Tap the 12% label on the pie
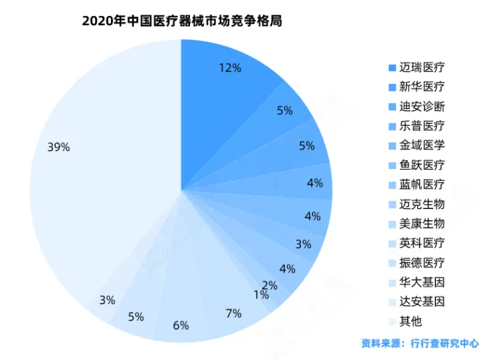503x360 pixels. tap(230, 68)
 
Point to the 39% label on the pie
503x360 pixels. tap(59, 147)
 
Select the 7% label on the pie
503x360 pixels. tap(233, 312)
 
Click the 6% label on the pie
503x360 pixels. tap(181, 324)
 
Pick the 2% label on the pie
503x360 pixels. tap(270, 285)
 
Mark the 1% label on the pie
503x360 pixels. tap(261, 295)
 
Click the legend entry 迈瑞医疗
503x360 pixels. tap(421, 68)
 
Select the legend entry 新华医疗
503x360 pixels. tap(421, 87)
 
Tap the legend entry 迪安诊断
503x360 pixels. tap(421, 107)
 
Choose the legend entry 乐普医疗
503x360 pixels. tap(421, 127)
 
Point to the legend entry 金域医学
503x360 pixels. tap(421, 146)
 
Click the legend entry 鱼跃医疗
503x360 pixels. tap(421, 166)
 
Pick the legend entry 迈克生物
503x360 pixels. tap(421, 205)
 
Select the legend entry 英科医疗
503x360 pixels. tap(421, 243)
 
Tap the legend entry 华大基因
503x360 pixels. tap(421, 282)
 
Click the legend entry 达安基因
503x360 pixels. tap(421, 302)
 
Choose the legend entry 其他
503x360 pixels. tap(410, 322)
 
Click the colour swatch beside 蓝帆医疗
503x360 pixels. tap(392, 185)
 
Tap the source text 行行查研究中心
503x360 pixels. tap(444, 343)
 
